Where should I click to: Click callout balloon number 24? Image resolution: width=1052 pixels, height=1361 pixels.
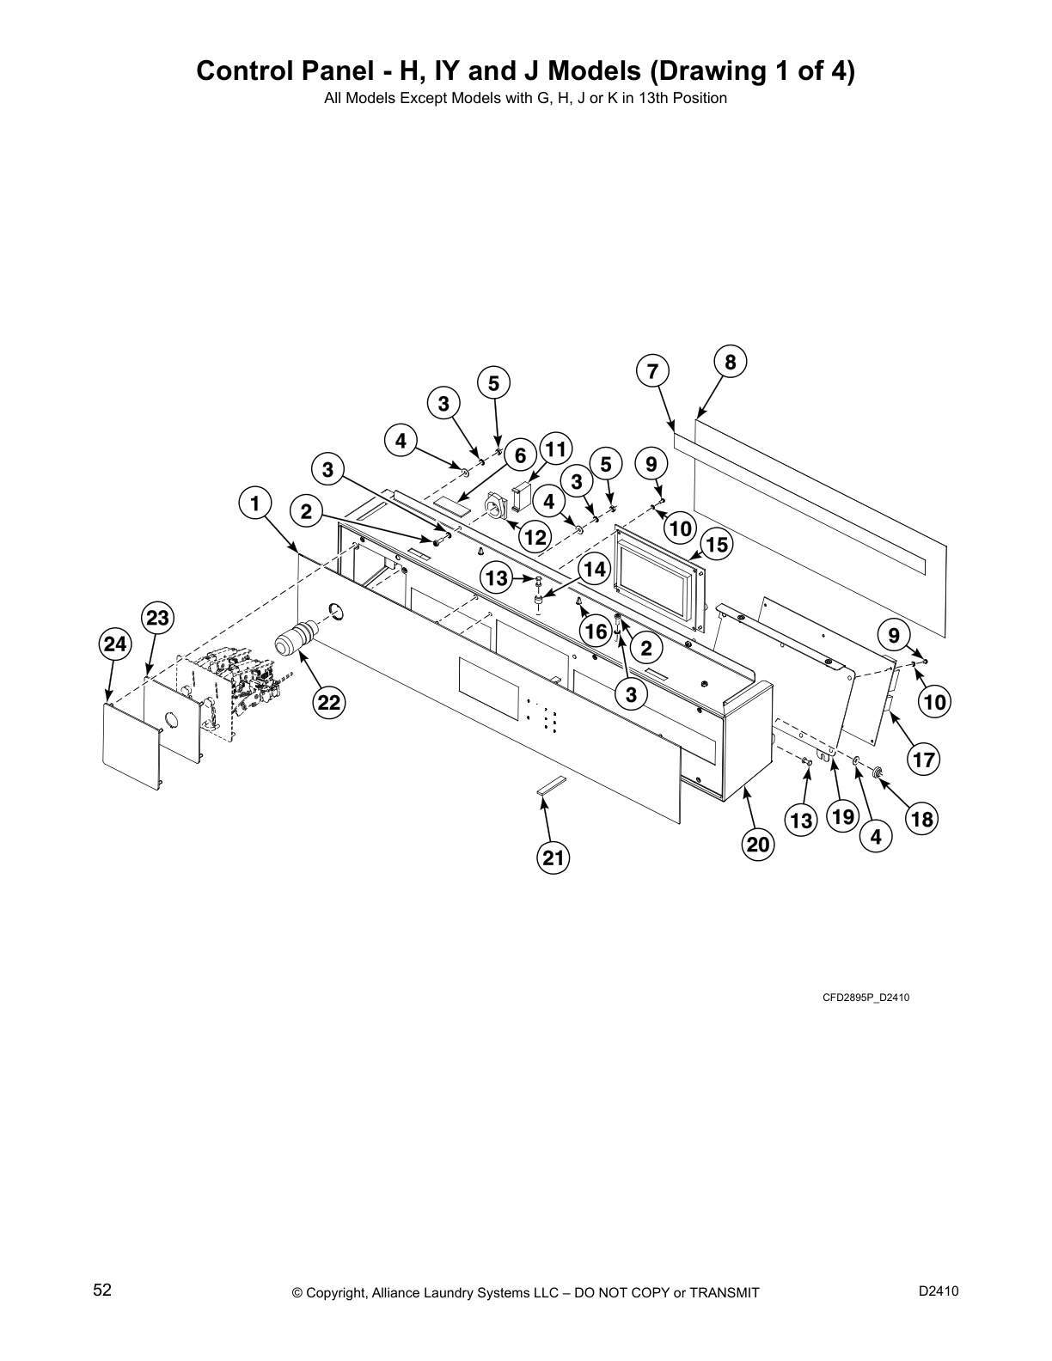click(x=114, y=644)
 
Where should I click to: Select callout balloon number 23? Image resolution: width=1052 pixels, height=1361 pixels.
click(x=157, y=618)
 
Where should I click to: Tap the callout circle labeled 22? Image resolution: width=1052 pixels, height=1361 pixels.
click(x=328, y=703)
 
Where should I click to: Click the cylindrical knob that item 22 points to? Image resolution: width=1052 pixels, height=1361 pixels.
click(x=292, y=641)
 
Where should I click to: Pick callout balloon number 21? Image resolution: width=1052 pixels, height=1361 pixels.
click(x=554, y=857)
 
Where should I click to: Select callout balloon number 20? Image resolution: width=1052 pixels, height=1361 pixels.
click(x=758, y=845)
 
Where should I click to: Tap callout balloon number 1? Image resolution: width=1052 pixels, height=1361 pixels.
click(x=254, y=503)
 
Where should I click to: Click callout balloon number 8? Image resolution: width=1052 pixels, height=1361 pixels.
click(x=730, y=362)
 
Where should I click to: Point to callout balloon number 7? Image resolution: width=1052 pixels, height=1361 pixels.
click(x=652, y=371)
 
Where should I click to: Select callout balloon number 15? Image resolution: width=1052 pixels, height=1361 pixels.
click(x=717, y=545)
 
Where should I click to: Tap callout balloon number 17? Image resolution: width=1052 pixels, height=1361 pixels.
click(x=924, y=760)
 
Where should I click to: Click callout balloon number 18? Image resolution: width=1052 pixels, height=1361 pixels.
click(x=921, y=819)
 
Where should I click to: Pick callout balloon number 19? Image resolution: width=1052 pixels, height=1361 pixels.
click(x=843, y=815)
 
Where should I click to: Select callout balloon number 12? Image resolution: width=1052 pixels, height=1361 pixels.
click(x=535, y=537)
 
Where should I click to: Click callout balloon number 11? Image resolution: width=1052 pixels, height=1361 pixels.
click(x=556, y=449)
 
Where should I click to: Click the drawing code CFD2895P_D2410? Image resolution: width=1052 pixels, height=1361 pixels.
click(x=866, y=998)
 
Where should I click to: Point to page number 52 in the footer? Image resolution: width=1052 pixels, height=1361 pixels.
click(x=102, y=1290)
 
